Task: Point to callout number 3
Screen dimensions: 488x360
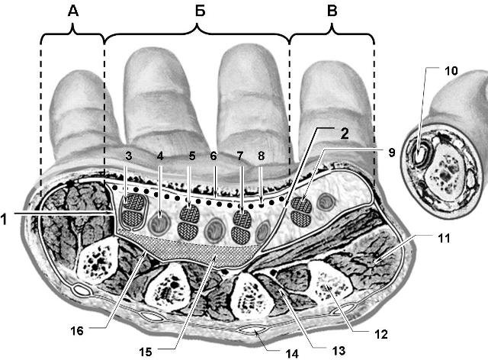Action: click(129, 156)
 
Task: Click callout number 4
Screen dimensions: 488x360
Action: click(159, 156)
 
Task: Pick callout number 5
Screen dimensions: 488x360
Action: click(190, 156)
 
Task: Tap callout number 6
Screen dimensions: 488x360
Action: click(214, 156)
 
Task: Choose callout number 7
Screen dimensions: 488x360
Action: click(240, 156)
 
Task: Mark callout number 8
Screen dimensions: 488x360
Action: click(261, 156)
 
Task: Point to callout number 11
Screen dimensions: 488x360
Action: click(445, 239)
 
